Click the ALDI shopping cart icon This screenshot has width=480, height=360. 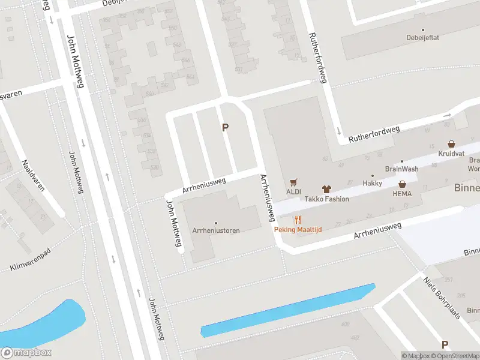tap(293, 182)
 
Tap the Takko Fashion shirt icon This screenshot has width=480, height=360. tap(326, 189)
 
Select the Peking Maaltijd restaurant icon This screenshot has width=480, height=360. tap(298, 220)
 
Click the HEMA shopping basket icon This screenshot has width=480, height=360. tap(402, 184)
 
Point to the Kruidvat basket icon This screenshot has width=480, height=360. tap(451, 144)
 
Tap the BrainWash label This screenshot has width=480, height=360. tap(401, 169)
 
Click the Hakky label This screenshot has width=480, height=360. tap(372, 183)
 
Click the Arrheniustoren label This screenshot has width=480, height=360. tap(216, 230)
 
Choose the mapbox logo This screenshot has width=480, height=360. tap(26, 353)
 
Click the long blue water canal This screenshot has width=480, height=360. tap(288, 310)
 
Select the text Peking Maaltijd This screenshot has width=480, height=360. tap(298, 230)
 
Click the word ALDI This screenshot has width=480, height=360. tap(293, 191)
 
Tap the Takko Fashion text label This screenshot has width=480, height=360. tap(326, 199)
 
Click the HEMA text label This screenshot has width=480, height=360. tap(402, 194)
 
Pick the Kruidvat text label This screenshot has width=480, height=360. tap(451, 154)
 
